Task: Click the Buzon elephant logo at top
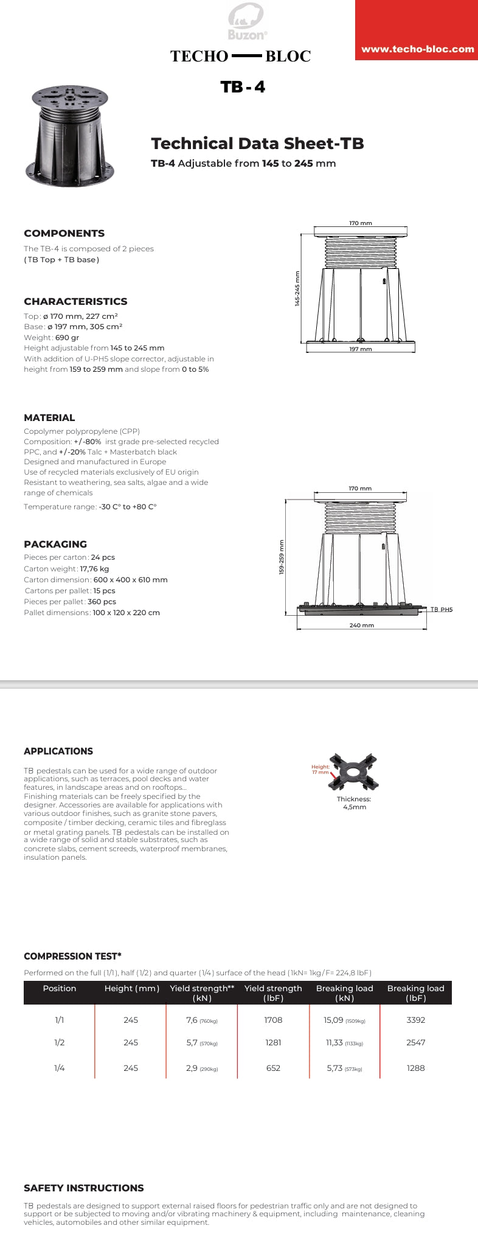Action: (x=246, y=19)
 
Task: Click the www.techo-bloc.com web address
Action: (x=417, y=49)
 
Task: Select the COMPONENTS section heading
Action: (x=64, y=234)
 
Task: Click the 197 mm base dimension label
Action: (x=361, y=349)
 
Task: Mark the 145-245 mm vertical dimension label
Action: (x=297, y=288)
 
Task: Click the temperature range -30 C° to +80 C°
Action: (x=127, y=507)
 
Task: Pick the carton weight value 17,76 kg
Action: (x=94, y=569)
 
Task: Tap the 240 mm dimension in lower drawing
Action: (x=361, y=625)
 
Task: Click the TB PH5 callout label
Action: (x=442, y=610)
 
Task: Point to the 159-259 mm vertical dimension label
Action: (x=282, y=557)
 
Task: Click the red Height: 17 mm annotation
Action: (x=320, y=770)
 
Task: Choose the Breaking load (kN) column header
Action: (x=344, y=993)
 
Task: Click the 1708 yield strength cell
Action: (x=273, y=1020)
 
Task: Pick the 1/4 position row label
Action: (x=59, y=1068)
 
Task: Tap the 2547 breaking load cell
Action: (x=415, y=1043)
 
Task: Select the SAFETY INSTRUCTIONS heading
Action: (x=83, y=1188)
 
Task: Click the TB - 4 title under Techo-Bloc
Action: (x=243, y=87)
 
